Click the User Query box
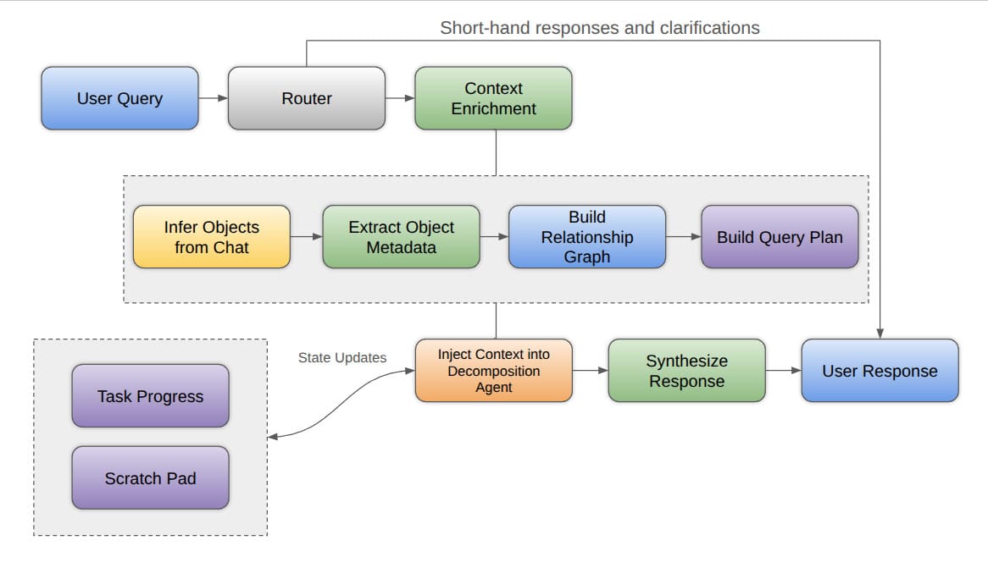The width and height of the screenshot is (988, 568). [119, 98]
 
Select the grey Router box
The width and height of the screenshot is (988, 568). [306, 98]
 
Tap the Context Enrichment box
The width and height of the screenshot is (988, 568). [493, 98]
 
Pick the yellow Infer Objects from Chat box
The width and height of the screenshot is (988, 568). [211, 237]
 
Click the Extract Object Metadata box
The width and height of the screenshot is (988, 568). [401, 237]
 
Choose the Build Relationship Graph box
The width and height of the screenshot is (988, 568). [586, 237]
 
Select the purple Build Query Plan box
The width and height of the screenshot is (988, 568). [780, 237]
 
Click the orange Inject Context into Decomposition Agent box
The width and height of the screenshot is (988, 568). [493, 371]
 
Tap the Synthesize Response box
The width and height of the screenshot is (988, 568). [686, 371]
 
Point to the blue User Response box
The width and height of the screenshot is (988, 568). [880, 371]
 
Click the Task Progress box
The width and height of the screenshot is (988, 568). [150, 396]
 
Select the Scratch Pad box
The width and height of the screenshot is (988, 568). [150, 478]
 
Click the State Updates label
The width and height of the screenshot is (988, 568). [341, 357]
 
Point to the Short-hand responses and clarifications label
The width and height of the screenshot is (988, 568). [600, 28]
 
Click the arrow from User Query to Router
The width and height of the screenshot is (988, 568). [214, 98]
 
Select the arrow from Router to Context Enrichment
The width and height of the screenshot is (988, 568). [400, 98]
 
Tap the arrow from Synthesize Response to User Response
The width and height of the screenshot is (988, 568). [783, 371]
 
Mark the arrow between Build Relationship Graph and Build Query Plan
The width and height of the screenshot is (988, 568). [683, 237]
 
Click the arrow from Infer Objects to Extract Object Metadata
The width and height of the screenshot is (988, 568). [306, 237]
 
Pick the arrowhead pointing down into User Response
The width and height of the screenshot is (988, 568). [880, 334]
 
